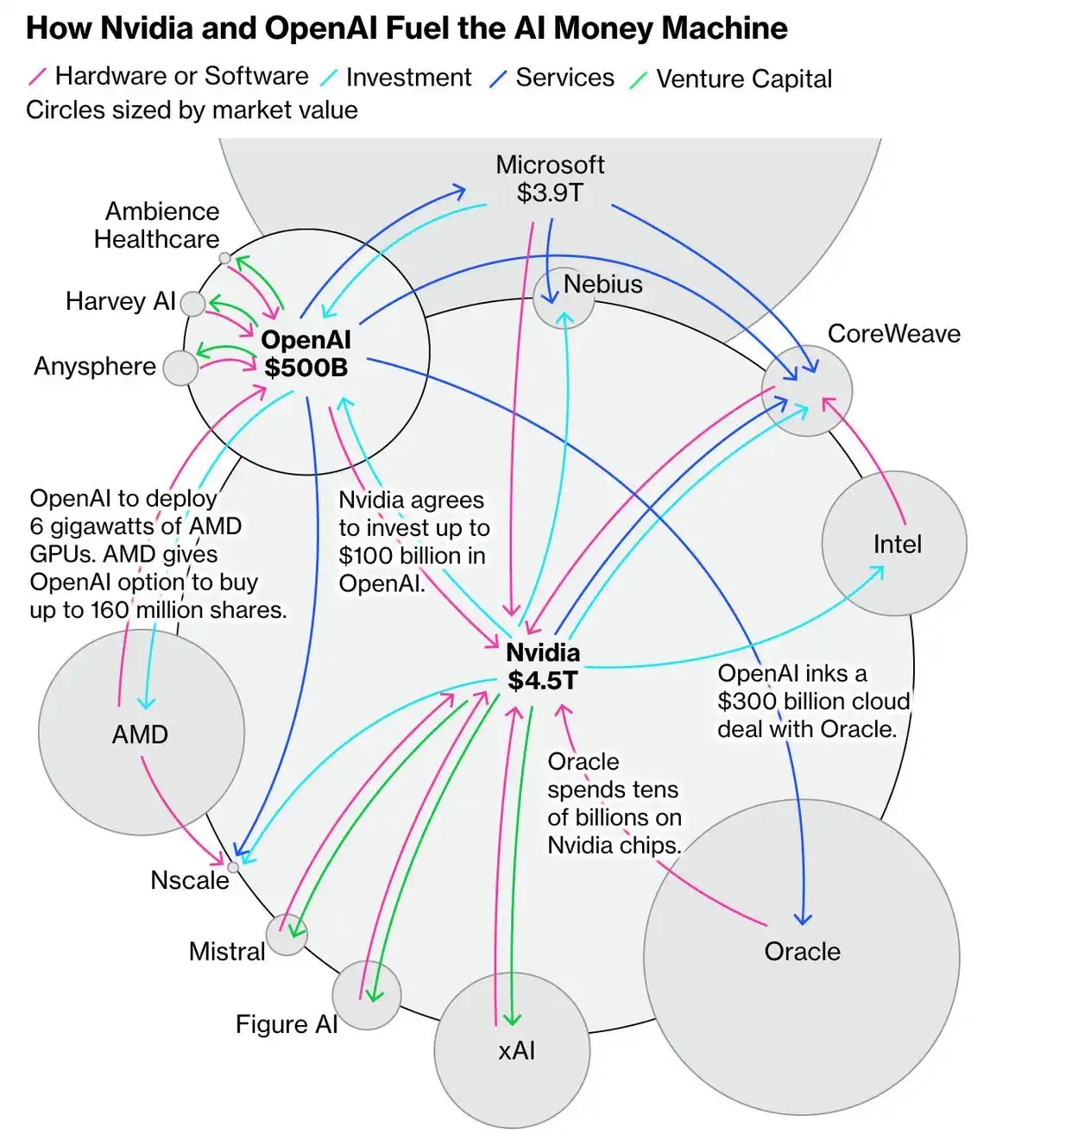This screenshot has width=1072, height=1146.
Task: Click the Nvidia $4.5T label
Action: [543, 667]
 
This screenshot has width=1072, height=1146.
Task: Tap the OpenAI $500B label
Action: [306, 354]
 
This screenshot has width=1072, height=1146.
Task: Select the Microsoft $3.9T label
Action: [550, 179]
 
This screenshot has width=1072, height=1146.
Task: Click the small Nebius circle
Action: [563, 299]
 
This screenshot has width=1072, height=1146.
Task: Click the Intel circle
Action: [894, 544]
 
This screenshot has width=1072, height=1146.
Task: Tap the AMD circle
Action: [142, 733]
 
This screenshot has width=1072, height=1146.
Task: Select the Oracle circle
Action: [802, 957]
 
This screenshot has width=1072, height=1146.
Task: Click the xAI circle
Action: [513, 1050]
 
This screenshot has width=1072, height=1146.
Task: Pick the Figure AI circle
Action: [367, 995]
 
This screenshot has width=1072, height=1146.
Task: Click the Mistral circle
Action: [287, 935]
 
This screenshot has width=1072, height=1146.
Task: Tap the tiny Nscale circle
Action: [233, 867]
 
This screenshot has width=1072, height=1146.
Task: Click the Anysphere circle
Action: [180, 368]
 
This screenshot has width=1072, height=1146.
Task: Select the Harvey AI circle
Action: [193, 303]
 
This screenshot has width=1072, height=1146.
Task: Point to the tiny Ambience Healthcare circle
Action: [224, 258]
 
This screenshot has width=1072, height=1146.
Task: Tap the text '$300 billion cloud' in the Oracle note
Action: [813, 702]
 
